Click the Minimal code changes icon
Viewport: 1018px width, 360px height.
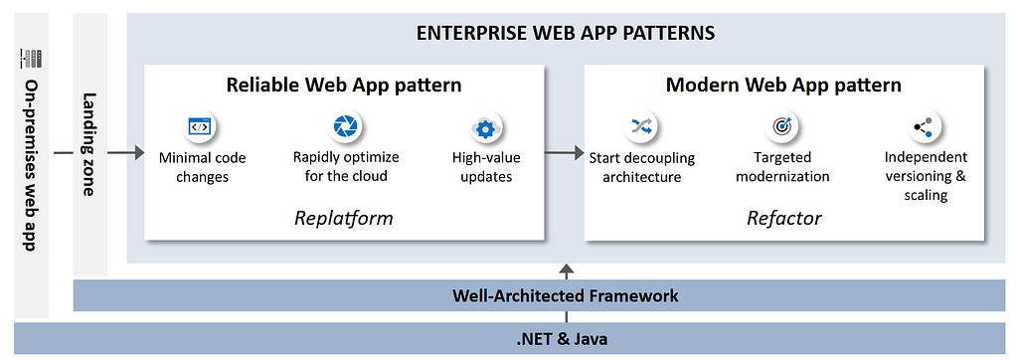(199, 126)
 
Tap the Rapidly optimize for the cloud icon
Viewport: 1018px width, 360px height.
(346, 126)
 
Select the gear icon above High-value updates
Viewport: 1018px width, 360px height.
(485, 129)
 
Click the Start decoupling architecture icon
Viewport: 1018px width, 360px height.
(641, 126)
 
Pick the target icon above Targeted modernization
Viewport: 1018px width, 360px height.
(781, 126)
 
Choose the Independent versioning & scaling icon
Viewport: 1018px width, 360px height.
(924, 127)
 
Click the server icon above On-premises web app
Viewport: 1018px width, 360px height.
(31, 58)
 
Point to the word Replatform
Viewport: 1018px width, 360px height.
(343, 217)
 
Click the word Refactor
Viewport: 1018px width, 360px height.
(784, 218)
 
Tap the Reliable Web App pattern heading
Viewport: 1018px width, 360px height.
(343, 86)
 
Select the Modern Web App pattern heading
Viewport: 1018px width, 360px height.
(784, 86)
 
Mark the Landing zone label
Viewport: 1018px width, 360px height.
(89, 144)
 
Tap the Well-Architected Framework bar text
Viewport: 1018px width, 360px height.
(566, 296)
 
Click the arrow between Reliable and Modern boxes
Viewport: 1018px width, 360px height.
(565, 153)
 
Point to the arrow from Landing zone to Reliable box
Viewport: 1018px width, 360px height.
(125, 153)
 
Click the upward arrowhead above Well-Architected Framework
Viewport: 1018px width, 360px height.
(567, 270)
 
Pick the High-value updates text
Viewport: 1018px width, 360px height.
(486, 167)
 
